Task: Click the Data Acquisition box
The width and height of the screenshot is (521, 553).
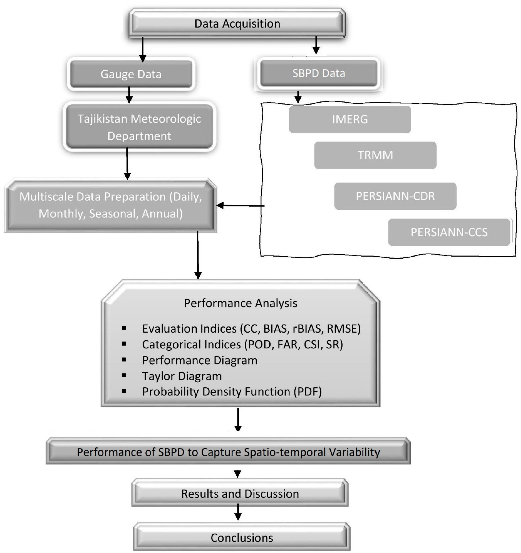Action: click(x=237, y=24)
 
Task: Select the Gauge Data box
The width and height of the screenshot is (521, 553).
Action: click(x=131, y=74)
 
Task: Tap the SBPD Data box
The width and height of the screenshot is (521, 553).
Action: click(x=318, y=73)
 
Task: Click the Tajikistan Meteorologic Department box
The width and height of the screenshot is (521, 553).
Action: click(x=139, y=127)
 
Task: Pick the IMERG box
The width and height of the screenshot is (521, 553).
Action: click(x=350, y=119)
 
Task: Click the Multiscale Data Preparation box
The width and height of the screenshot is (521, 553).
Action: click(x=110, y=205)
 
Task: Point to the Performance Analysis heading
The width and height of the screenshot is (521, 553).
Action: click(x=240, y=303)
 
